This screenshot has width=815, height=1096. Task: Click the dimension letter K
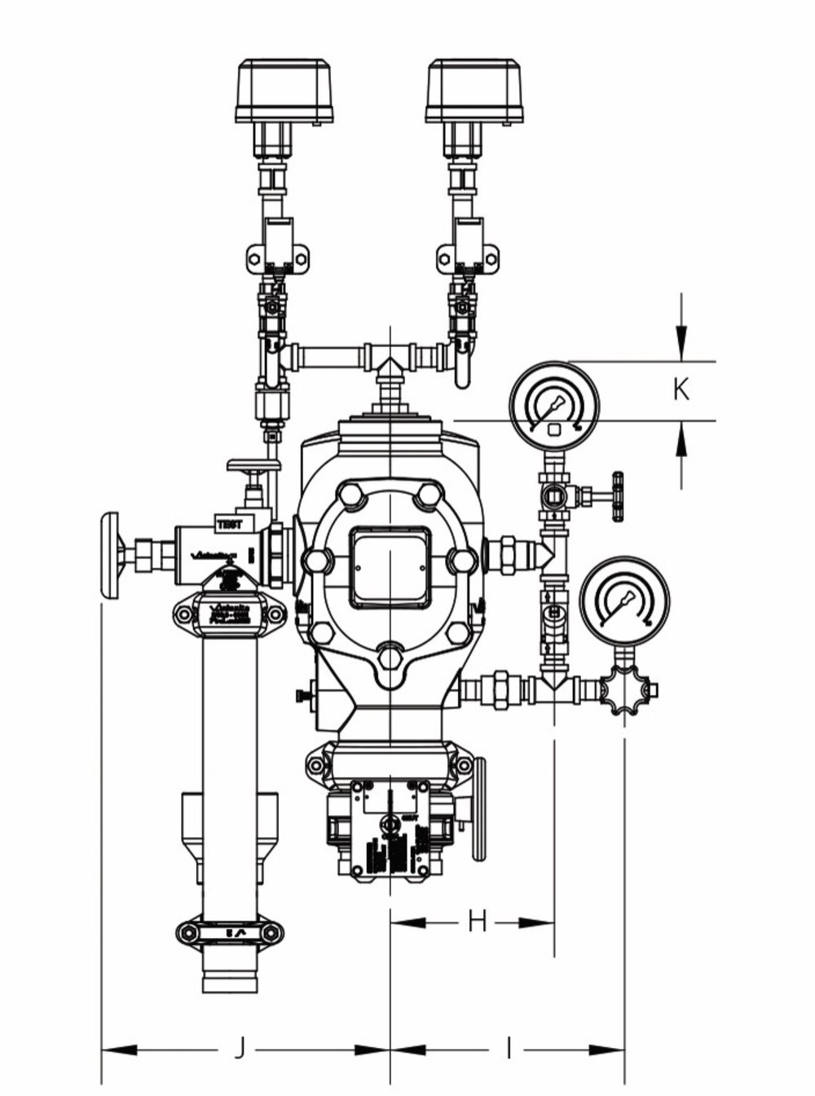point(681,390)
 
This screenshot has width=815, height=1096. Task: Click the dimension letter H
point(477,922)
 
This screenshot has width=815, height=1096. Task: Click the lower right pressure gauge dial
point(624,602)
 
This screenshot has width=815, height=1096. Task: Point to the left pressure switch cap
point(284,90)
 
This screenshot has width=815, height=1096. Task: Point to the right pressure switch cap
point(474,90)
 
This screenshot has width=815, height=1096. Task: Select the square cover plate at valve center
point(390,567)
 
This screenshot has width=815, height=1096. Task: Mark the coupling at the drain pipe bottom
point(229,932)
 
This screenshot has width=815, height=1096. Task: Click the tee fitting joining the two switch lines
point(390,357)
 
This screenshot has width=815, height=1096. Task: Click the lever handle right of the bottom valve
point(478,807)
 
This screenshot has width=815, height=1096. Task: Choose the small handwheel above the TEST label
point(253,466)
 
